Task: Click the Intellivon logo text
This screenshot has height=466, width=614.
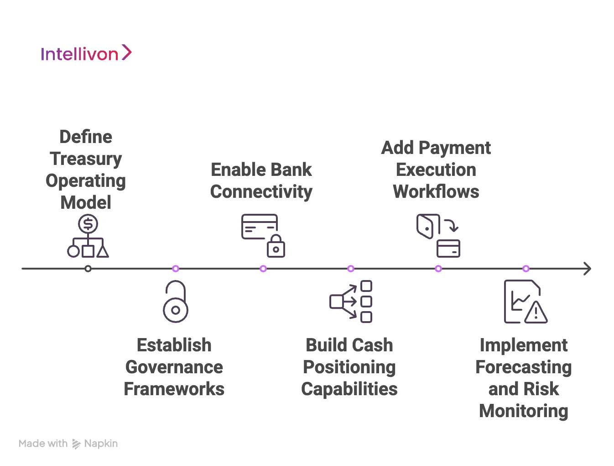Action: pos(79,54)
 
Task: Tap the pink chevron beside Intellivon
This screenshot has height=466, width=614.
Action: pos(126,53)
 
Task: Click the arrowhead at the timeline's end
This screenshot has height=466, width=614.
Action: pos(587,269)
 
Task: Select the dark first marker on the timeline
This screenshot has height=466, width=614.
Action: pos(88,269)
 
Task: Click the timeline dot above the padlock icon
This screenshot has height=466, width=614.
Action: pos(176,269)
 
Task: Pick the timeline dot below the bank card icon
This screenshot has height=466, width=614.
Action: pos(263,269)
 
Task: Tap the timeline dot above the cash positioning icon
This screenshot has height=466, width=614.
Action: pos(351,269)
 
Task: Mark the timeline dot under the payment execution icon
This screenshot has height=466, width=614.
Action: pos(438,269)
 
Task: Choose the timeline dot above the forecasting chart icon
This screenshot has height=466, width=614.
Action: pos(526,269)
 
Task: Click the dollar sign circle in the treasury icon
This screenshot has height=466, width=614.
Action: pos(88,224)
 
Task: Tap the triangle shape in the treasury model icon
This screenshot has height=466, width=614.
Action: pos(103,251)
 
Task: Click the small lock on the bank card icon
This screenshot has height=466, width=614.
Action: pos(276,247)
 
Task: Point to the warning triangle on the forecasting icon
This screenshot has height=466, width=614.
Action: pos(536,312)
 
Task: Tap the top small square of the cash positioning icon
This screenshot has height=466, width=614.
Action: pos(366,286)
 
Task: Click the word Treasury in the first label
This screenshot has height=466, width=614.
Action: pos(86,159)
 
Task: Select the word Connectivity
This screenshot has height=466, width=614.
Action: pos(261,192)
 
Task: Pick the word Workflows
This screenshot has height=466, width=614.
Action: pos(436,192)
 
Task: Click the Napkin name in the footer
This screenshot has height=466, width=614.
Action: pos(101,444)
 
